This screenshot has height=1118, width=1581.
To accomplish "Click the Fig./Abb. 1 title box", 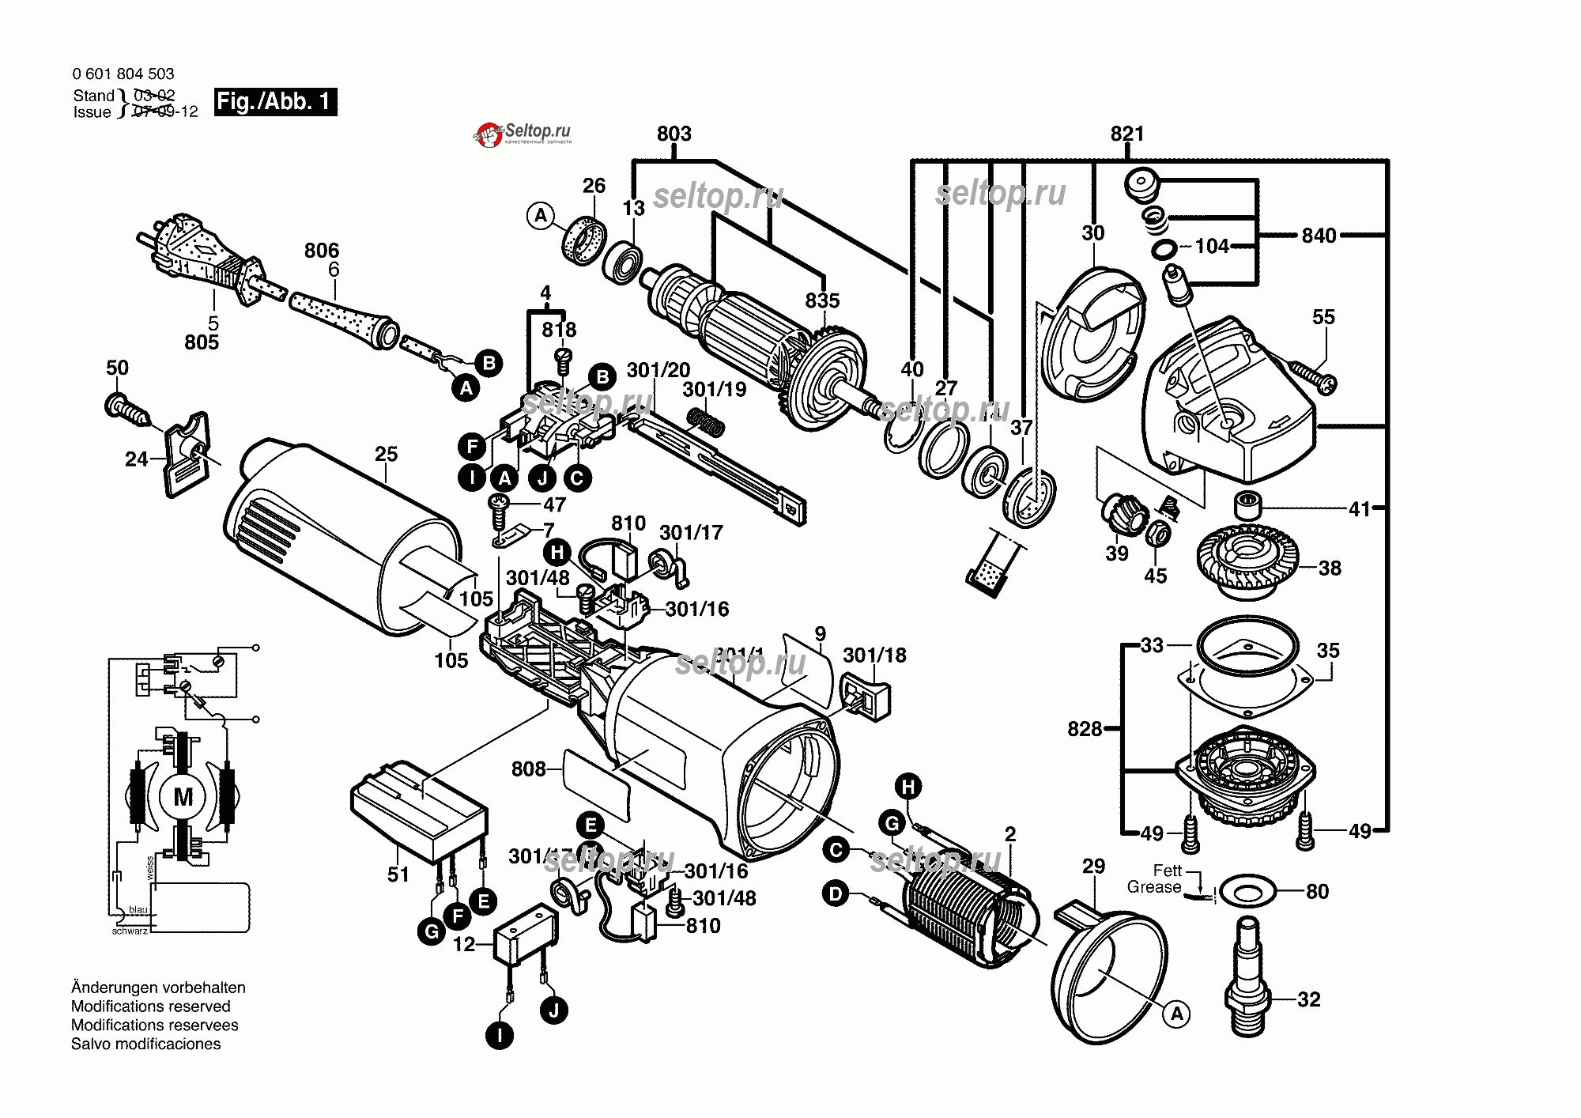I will click(275, 102).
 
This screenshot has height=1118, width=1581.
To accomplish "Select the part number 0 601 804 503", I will click(123, 74).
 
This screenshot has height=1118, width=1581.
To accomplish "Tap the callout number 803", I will click(674, 134).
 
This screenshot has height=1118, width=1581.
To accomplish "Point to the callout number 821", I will click(1126, 134).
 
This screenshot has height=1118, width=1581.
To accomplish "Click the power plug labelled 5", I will click(198, 253).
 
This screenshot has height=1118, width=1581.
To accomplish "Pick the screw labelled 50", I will click(126, 410).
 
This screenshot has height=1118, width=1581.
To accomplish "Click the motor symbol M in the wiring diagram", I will click(183, 797).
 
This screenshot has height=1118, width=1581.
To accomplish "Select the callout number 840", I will click(1319, 236).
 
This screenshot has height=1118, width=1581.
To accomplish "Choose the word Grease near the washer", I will click(1153, 887).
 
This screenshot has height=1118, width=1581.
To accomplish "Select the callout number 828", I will click(1084, 729).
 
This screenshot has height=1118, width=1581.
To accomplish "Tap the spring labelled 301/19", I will click(706, 421).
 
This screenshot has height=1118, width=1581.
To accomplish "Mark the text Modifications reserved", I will click(151, 1007).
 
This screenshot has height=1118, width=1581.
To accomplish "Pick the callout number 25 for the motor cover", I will click(386, 454).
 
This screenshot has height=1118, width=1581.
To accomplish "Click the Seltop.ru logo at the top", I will click(523, 134).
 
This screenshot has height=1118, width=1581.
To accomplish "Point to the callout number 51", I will click(398, 874).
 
